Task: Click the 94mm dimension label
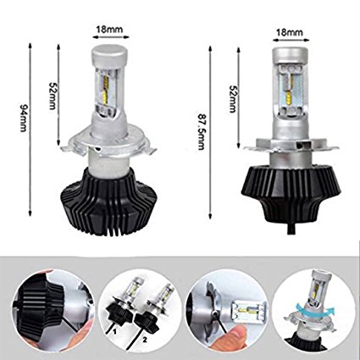click(24, 119)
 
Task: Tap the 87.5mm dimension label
click(202, 131)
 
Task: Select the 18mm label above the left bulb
click(109, 29)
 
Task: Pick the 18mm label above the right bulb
click(289, 32)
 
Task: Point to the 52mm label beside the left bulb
click(53, 96)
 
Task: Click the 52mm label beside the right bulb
click(233, 99)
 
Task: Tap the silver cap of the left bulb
click(110, 55)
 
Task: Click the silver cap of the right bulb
click(290, 55)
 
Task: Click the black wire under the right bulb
click(291, 228)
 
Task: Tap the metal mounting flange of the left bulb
click(109, 143)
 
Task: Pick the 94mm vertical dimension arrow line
click(30, 130)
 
